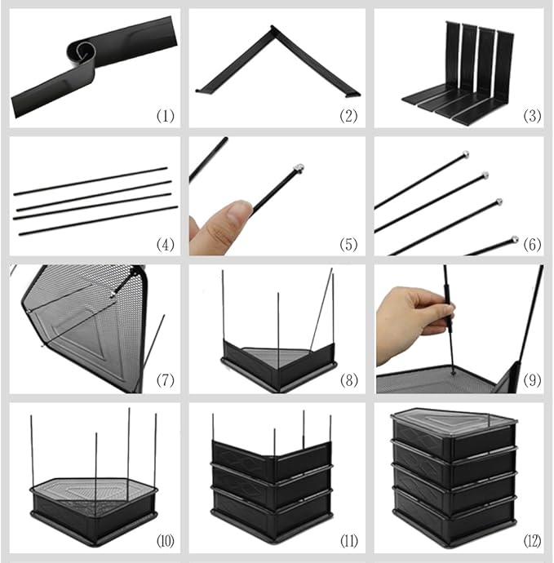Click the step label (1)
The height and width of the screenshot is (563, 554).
[x=165, y=116]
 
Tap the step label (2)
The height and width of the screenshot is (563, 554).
[x=348, y=116]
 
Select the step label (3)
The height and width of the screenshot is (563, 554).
[x=532, y=116]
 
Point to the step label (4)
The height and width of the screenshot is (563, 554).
[x=165, y=245]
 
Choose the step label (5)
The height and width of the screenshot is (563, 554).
[x=348, y=245]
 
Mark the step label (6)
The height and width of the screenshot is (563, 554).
[x=532, y=245]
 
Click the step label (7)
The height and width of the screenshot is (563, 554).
[x=165, y=380]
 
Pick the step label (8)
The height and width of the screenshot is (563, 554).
[x=349, y=380]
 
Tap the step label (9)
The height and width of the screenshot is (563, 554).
[x=532, y=380]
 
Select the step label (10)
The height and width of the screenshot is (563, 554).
[x=165, y=541]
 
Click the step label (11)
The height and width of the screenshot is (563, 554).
[x=349, y=541]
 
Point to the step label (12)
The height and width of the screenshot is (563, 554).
[x=532, y=541]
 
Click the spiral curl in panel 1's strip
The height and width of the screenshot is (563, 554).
[x=82, y=52]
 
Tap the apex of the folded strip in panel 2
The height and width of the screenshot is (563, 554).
[x=273, y=28]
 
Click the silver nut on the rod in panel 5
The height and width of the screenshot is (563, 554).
[x=299, y=168]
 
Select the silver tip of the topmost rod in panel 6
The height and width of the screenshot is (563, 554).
[x=465, y=155]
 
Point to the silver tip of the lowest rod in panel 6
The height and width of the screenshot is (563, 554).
[x=515, y=240]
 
